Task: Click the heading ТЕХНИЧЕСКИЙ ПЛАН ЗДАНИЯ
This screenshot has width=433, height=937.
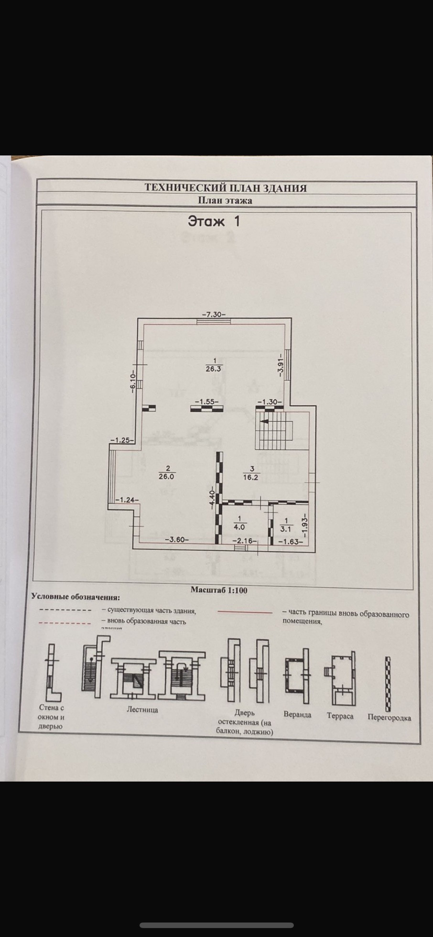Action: coord(226,188)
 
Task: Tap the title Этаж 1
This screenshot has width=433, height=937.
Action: coord(214,221)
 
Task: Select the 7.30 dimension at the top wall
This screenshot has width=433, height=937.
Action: coord(213,315)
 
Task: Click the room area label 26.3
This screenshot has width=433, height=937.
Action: coord(214,369)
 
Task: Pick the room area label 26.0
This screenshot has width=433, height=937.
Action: coord(166,476)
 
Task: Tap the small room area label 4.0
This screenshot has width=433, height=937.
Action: coord(239,527)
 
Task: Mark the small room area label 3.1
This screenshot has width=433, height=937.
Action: coord(286,529)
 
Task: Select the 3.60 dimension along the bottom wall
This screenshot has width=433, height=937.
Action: coord(177,540)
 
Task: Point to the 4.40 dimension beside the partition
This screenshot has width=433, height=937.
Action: coord(212,498)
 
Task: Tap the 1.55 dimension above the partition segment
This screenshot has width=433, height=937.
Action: coord(206,402)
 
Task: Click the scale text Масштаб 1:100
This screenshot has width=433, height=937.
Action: coord(219,590)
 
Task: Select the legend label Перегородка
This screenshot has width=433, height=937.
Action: coord(389,718)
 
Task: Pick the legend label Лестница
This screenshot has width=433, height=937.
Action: coord(142,709)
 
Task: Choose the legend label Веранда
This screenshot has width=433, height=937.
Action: coord(297,715)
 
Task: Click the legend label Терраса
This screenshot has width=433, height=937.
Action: coord(340,716)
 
